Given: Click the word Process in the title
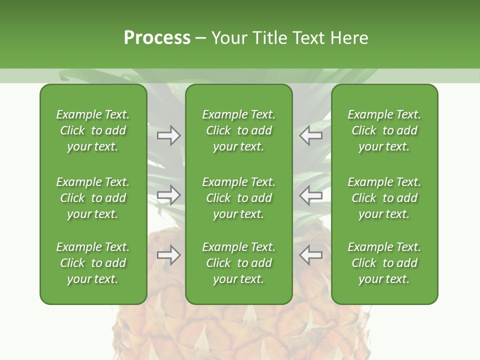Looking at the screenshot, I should [157, 38].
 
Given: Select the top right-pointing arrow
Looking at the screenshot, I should [168, 135].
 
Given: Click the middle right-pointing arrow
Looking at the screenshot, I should [168, 194].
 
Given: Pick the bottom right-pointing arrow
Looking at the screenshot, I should [168, 255].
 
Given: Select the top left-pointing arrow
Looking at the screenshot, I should [311, 135].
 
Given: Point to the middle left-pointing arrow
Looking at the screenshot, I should [311, 194].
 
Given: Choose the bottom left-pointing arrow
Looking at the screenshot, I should [311, 255].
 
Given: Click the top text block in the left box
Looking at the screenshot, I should [93, 130].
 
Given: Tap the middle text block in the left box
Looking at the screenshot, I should [93, 198].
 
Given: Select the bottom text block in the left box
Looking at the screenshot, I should [93, 263].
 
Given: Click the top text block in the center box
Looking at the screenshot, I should [239, 130].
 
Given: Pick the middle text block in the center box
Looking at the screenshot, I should [239, 198].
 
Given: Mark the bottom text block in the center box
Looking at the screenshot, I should [239, 263].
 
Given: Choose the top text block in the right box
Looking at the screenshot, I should [384, 130].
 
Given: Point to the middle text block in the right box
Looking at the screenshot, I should [384, 198].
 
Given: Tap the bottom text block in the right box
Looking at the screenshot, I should [384, 263].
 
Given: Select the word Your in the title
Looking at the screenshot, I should [229, 38].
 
